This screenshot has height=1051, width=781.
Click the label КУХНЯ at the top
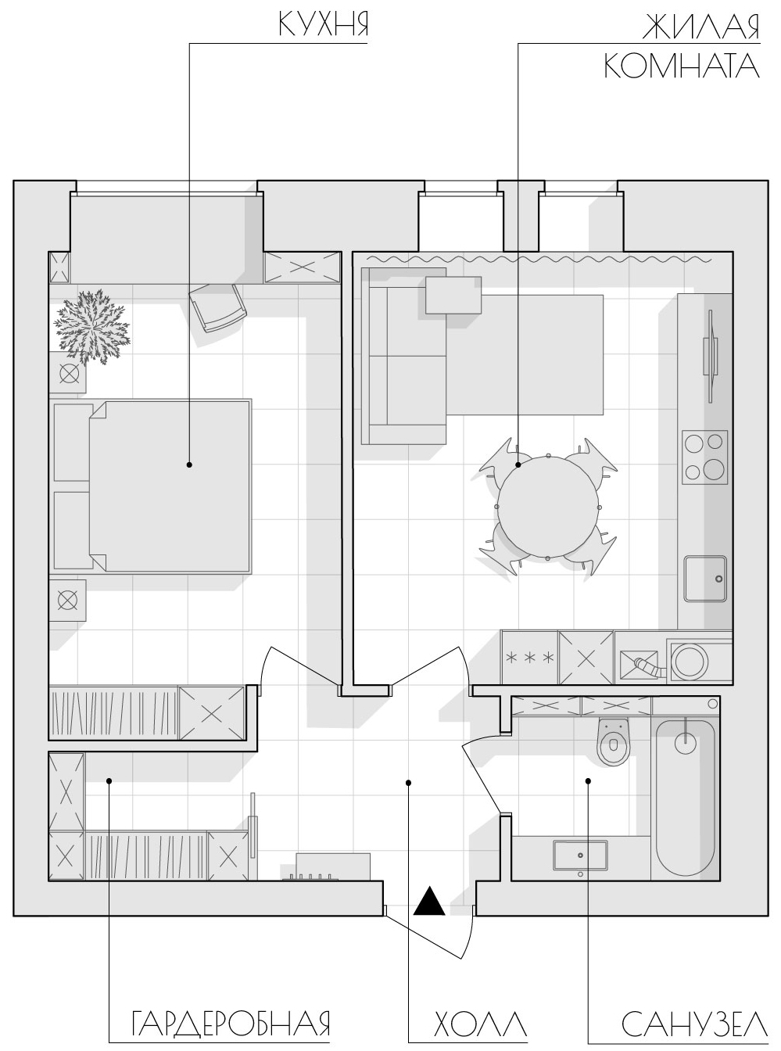pos(323,25)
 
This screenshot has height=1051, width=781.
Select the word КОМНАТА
pos(682,66)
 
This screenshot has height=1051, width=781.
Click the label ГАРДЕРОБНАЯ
pos(231,980)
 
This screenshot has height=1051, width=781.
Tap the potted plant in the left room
pos(91,327)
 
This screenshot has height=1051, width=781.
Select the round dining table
pos(548,506)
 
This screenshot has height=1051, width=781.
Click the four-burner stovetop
pos(704,457)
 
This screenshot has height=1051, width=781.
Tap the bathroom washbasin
pos(580,856)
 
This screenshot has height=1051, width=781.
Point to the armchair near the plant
pos(218,307)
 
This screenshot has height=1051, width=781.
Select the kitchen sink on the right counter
pos(704,579)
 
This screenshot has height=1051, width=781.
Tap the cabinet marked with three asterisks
pos(529,657)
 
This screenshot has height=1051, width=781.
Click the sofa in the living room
pos(403,356)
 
